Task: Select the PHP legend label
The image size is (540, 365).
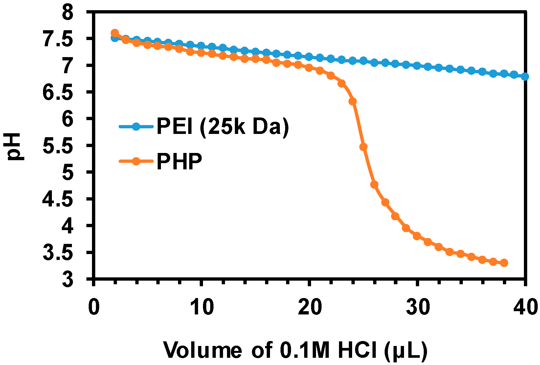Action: (x=179, y=161)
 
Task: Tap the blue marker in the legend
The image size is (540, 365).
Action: (x=136, y=126)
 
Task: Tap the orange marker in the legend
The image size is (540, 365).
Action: (x=136, y=161)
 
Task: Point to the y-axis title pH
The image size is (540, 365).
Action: (x=14, y=146)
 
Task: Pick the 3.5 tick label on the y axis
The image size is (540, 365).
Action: (x=62, y=252)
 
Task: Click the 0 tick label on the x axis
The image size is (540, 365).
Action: (x=94, y=308)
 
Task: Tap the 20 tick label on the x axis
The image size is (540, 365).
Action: (x=309, y=308)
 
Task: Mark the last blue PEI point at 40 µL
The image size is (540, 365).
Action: (x=525, y=76)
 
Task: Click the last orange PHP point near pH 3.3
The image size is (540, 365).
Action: (x=504, y=263)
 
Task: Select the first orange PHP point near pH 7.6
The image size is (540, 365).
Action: (x=115, y=33)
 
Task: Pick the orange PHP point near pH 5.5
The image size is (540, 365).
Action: (x=363, y=147)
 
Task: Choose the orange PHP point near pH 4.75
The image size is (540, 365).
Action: (x=374, y=185)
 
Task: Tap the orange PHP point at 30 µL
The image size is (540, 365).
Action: (x=417, y=236)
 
